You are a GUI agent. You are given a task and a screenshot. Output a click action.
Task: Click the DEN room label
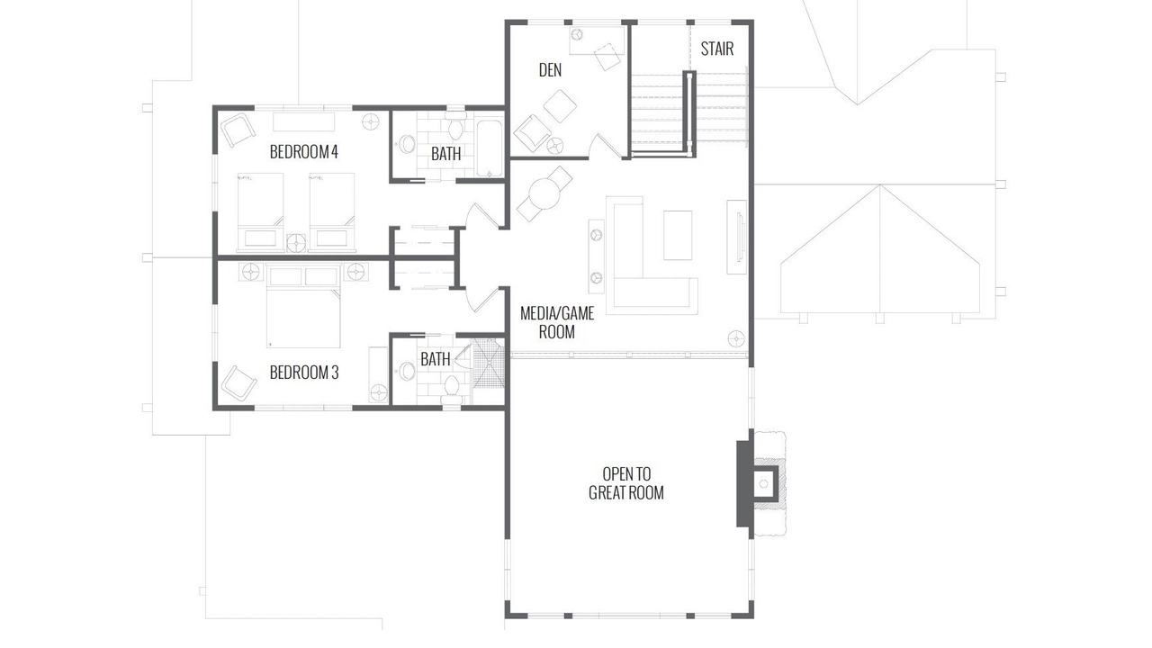pyautogui.click(x=550, y=70)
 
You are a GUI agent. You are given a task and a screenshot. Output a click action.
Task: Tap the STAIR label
pyautogui.click(x=717, y=49)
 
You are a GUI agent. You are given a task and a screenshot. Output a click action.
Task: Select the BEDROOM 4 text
pyautogui.click(x=304, y=152)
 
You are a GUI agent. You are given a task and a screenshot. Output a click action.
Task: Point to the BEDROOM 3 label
pyautogui.click(x=304, y=373)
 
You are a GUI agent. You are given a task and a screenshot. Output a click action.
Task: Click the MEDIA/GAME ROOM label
pyautogui.click(x=557, y=322)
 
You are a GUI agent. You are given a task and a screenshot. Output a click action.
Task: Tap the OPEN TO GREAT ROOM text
pyautogui.click(x=626, y=483)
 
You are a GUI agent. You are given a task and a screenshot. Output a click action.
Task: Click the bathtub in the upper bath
pyautogui.click(x=489, y=148)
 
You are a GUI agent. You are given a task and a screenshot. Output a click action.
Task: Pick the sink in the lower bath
pyautogui.click(x=407, y=371)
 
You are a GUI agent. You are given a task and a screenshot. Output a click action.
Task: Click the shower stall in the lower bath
pyautogui.click(x=489, y=363)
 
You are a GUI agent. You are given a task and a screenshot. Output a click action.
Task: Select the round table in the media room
pyautogui.click(x=544, y=193)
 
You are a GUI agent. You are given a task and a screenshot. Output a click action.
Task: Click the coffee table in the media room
pyautogui.click(x=678, y=235)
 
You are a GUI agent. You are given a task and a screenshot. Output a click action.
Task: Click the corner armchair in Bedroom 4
pyautogui.click(x=238, y=130)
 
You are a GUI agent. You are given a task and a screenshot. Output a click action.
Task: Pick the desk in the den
pyautogui.click(x=597, y=40)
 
